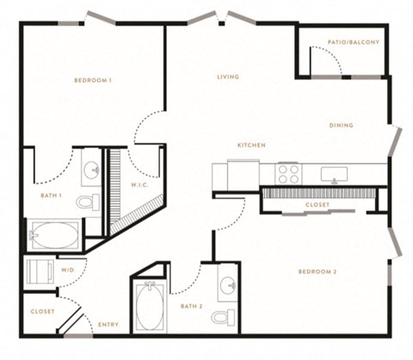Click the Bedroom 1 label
tap(93, 80)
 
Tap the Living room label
tap(228, 77)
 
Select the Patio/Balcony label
tap(354, 42)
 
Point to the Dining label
tap(341, 126)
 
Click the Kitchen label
tap(251, 146)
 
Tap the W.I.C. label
tap(140, 185)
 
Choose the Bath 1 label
tap(51, 196)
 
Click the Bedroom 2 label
tap(317, 272)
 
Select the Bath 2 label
tap(192, 307)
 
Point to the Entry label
tap(108, 325)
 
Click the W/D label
tap(68, 270)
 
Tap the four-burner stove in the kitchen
tap(288, 174)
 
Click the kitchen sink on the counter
tap(334, 175)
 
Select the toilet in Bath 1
tap(88, 202)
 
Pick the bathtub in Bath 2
tap(150, 307)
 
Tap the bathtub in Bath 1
tap(54, 235)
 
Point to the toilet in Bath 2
tap(224, 317)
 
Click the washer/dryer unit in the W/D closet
tap(40, 271)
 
